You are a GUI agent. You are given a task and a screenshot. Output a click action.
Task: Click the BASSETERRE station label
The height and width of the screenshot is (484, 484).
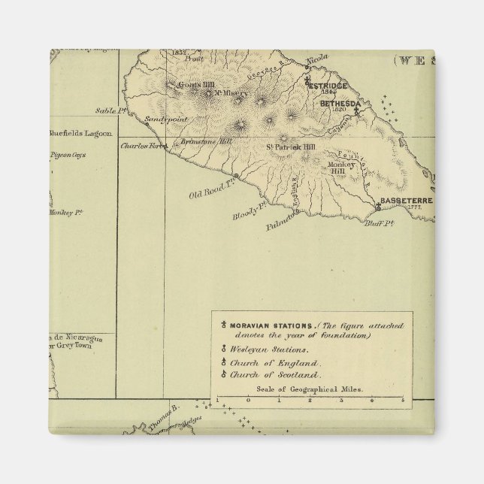pyautogui.click(x=407, y=201)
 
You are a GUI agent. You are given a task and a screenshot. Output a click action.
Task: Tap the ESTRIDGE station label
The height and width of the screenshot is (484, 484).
pyautogui.click(x=328, y=86)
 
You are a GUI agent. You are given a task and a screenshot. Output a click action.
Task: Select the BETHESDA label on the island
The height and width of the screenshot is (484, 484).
pyautogui.click(x=341, y=103)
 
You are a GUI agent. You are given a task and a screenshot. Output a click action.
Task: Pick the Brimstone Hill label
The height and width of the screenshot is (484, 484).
pyautogui.click(x=203, y=140)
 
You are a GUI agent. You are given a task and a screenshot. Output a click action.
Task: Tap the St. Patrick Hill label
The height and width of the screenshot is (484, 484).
pyautogui.click(x=294, y=147)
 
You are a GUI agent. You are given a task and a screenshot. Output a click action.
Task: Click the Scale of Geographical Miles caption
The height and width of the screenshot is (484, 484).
pyautogui.click(x=310, y=389)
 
